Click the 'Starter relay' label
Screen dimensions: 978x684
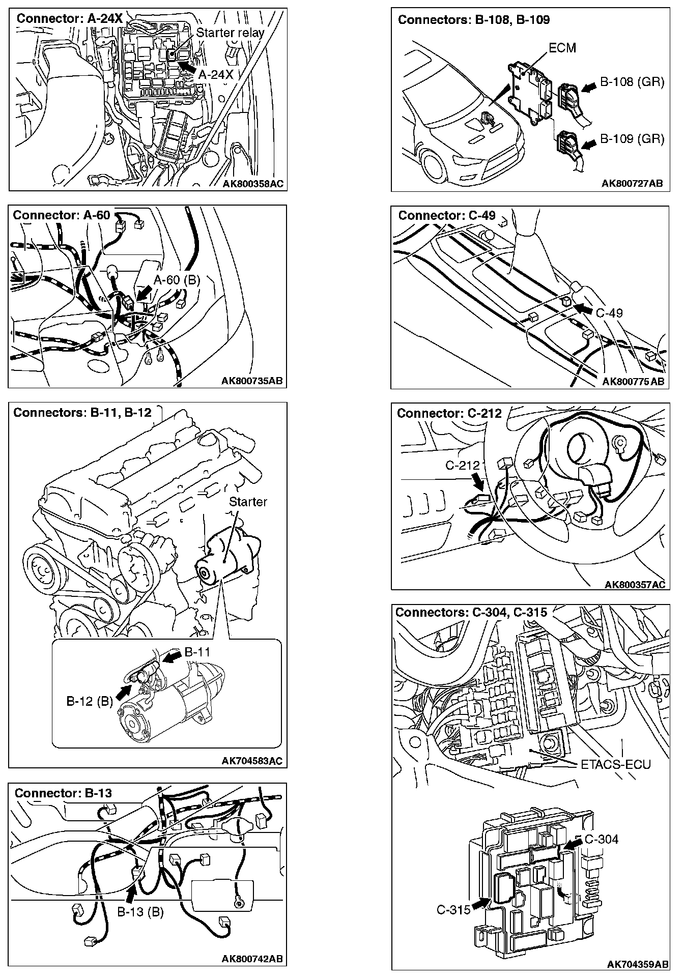pyautogui.click(x=230, y=33)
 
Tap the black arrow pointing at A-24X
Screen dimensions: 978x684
pyautogui.click(x=186, y=67)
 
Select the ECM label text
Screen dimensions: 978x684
pyautogui.click(x=562, y=48)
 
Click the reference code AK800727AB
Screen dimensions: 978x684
pyautogui.click(x=632, y=184)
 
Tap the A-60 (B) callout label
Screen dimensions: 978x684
pyautogui.click(x=177, y=280)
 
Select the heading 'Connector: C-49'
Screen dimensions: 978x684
pyautogui.click(x=446, y=215)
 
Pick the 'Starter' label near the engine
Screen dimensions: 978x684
pyautogui.click(x=248, y=502)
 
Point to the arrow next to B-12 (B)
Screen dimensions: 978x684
pyautogui.click(x=124, y=691)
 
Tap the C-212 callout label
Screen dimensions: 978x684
pyautogui.click(x=463, y=465)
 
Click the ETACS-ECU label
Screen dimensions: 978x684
pyautogui.click(x=615, y=764)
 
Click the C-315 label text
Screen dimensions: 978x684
pyautogui.click(x=453, y=909)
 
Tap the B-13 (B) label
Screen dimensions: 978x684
pyautogui.click(x=140, y=912)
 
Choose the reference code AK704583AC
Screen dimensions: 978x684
pyautogui.click(x=252, y=761)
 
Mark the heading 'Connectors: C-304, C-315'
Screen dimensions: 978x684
pyautogui.click(x=471, y=612)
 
